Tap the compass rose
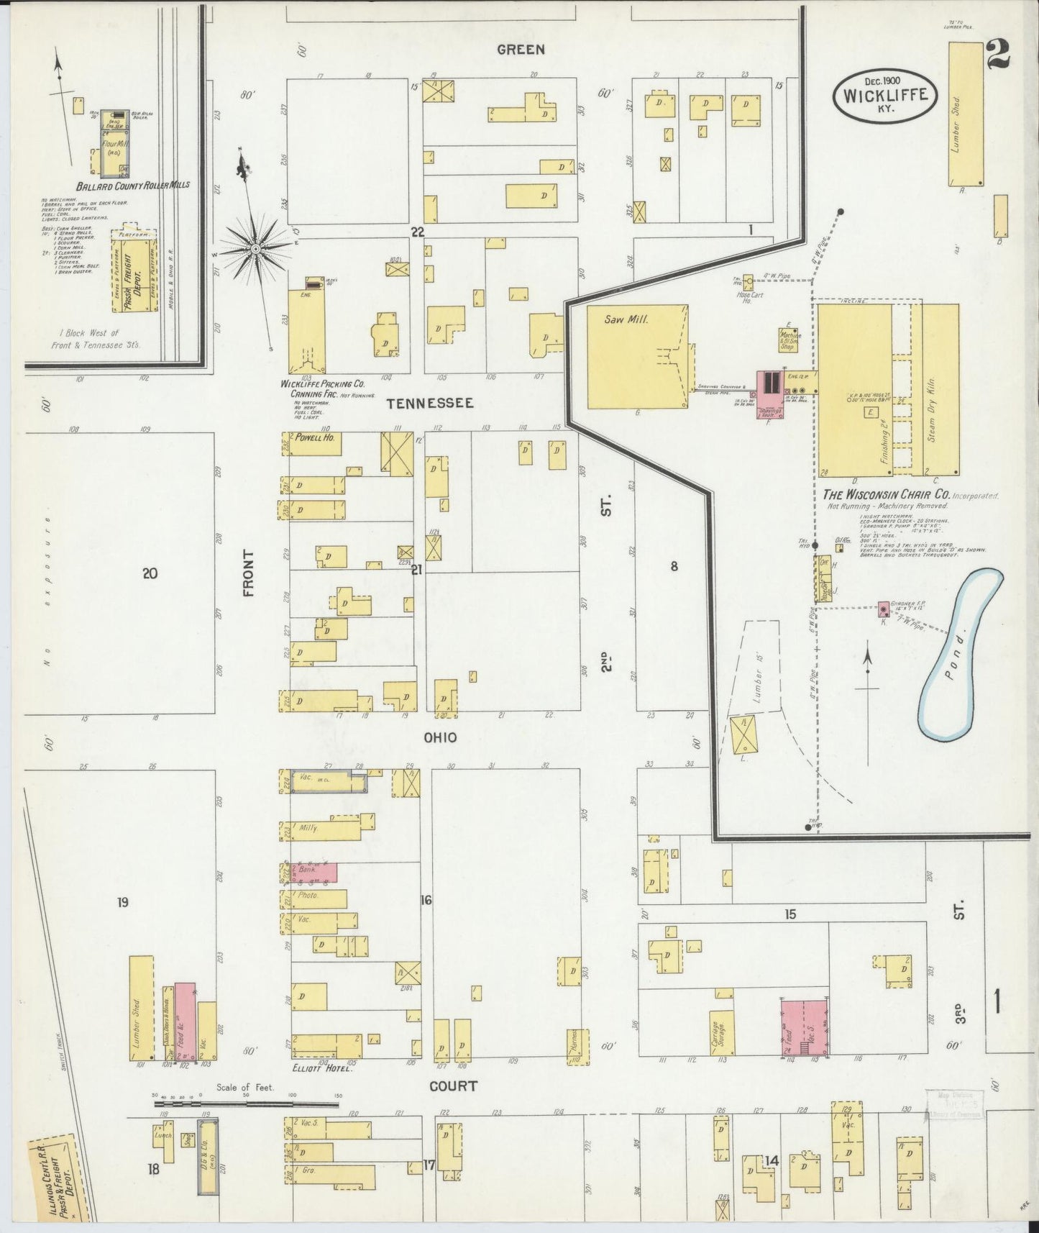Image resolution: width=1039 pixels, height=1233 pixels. [x=255, y=248]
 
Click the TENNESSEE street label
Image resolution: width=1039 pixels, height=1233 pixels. [x=430, y=403]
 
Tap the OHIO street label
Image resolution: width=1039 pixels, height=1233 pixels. [x=440, y=737]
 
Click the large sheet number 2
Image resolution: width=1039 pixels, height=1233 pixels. [x=998, y=55]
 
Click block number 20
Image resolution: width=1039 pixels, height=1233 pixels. [x=150, y=573]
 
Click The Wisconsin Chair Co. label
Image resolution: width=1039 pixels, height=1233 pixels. [x=888, y=496]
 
